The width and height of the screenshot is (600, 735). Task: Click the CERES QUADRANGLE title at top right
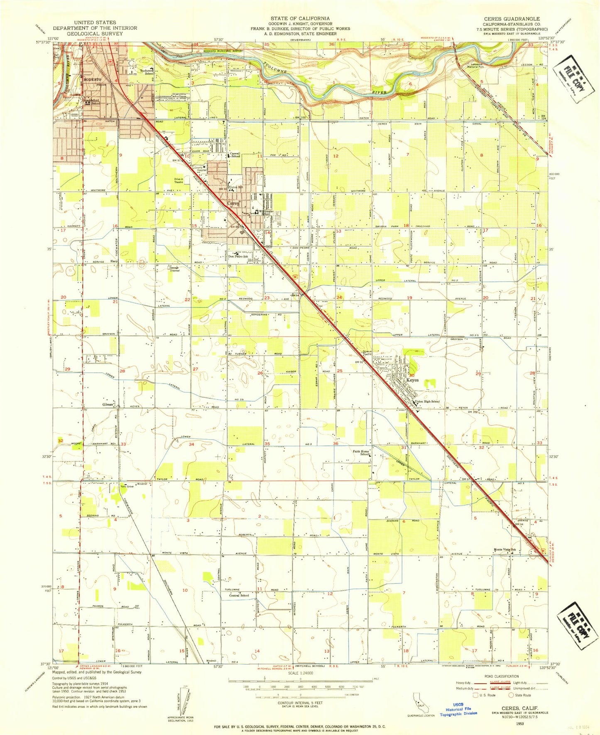tap(516, 19)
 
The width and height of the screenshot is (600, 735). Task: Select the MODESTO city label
tap(93, 79)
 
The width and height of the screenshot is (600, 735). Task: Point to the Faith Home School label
tap(361, 453)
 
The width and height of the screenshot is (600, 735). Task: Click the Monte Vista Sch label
tap(504, 550)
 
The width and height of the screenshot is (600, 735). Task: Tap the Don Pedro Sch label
tap(238, 256)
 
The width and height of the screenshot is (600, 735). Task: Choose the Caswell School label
tap(235, 155)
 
